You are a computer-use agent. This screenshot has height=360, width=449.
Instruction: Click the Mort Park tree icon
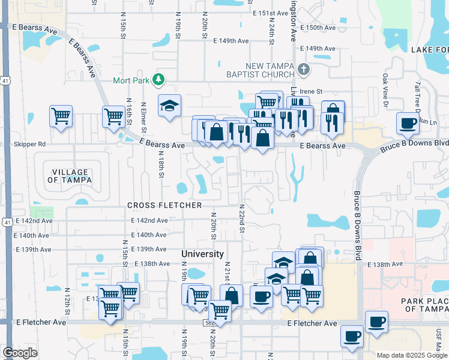tap(158, 79)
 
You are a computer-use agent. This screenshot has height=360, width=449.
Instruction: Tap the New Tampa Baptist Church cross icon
tap(304, 69)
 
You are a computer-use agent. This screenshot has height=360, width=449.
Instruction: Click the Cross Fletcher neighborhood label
tap(164, 205)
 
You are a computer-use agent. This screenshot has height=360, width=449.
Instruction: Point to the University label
tap(203, 254)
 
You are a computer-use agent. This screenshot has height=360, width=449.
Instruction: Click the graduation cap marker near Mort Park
tap(170, 106)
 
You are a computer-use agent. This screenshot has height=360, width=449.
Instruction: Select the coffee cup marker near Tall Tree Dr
tap(408, 124)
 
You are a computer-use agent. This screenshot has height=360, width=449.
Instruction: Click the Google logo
tap(20, 353)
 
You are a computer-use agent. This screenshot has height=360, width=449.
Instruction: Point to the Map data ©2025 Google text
tap(411, 355)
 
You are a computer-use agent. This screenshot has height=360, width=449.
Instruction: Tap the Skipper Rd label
tap(29, 145)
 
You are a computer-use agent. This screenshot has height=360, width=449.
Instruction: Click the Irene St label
tap(311, 91)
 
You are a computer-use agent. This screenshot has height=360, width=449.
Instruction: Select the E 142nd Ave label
tap(149, 220)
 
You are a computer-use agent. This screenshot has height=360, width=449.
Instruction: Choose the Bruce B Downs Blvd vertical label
tap(358, 225)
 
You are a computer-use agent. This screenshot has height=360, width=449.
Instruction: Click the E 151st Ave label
tap(271, 13)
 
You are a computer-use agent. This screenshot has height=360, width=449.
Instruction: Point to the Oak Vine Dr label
tap(385, 87)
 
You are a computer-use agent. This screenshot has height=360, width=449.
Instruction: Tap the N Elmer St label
tap(143, 117)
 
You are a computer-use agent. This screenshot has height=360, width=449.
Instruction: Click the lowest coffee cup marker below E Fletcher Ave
tap(352, 336)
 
